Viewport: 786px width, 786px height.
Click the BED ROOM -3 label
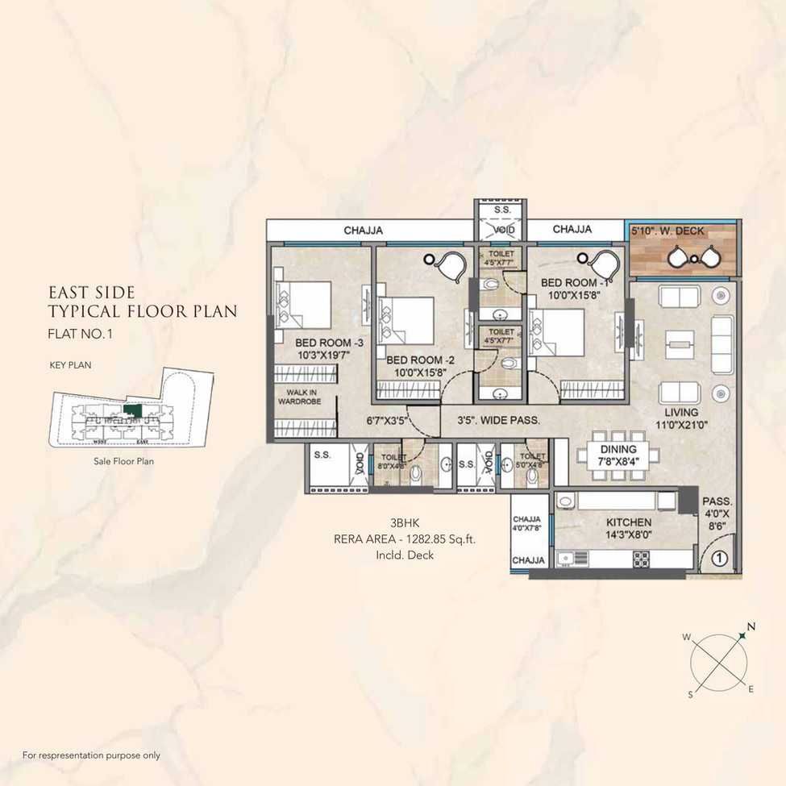click(x=318, y=343)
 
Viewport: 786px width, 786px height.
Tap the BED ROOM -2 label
click(x=414, y=360)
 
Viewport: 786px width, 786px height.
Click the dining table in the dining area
click(x=618, y=455)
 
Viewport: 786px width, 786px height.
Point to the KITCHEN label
click(x=629, y=522)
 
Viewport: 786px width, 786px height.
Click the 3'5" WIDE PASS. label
click(x=498, y=420)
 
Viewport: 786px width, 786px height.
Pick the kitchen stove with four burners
click(x=642, y=557)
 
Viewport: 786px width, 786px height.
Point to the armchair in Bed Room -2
click(x=450, y=264)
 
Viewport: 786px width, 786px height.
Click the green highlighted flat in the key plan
click(x=133, y=410)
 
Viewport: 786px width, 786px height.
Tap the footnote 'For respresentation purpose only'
click(x=91, y=755)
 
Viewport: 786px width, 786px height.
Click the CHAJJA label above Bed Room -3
click(x=363, y=231)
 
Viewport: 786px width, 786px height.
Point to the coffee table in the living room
click(x=680, y=344)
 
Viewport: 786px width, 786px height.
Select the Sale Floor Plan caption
click(x=124, y=462)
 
